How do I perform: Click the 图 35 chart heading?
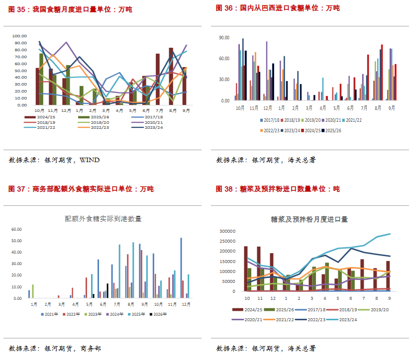click(70, 9)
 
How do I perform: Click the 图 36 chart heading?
click(278, 8)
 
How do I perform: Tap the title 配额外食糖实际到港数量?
click(103, 219)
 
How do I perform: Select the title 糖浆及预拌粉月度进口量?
click(309, 219)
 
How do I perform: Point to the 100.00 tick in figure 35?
click(19, 36)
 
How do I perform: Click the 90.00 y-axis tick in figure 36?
click(224, 38)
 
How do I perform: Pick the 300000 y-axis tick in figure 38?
click(227, 231)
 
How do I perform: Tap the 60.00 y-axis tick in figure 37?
click(16, 229)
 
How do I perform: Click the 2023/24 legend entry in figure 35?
click(147, 127)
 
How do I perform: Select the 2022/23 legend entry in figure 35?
click(94, 127)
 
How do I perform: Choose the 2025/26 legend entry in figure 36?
click(331, 131)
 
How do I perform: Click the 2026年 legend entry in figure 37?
click(158, 314)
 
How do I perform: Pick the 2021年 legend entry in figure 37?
click(49, 314)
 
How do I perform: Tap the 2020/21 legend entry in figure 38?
click(247, 320)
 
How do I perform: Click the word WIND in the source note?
click(90, 160)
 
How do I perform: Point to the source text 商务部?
click(91, 349)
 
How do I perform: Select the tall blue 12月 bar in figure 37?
click(181, 268)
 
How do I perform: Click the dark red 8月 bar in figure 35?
click(171, 77)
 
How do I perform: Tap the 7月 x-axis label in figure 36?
click(364, 108)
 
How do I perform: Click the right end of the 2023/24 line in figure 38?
click(390, 234)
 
